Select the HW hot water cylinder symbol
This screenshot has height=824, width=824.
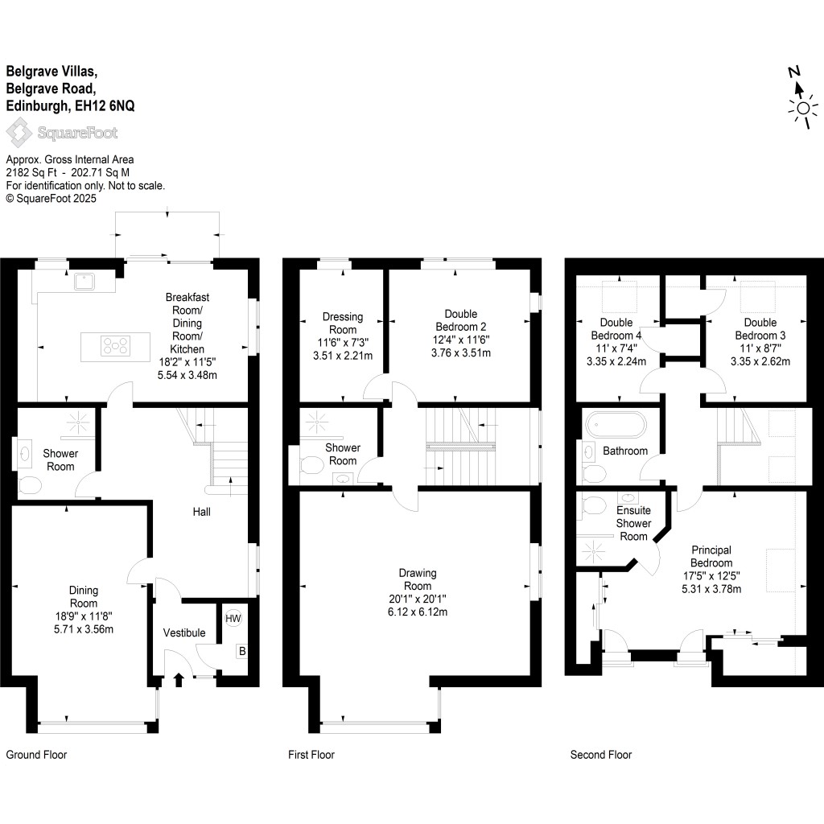(233, 618)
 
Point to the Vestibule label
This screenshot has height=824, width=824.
(184, 633)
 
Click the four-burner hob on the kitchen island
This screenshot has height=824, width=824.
(115, 346)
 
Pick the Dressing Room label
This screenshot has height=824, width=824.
(343, 323)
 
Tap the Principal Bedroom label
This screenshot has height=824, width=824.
(711, 556)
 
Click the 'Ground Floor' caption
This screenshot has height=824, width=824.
(36, 755)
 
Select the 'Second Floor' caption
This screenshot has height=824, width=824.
(601, 755)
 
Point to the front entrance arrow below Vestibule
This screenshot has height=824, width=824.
(179, 681)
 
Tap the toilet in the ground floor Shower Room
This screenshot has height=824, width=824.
(30, 485)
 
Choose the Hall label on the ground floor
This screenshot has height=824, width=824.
(201, 511)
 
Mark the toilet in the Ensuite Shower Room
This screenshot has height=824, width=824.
(593, 506)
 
